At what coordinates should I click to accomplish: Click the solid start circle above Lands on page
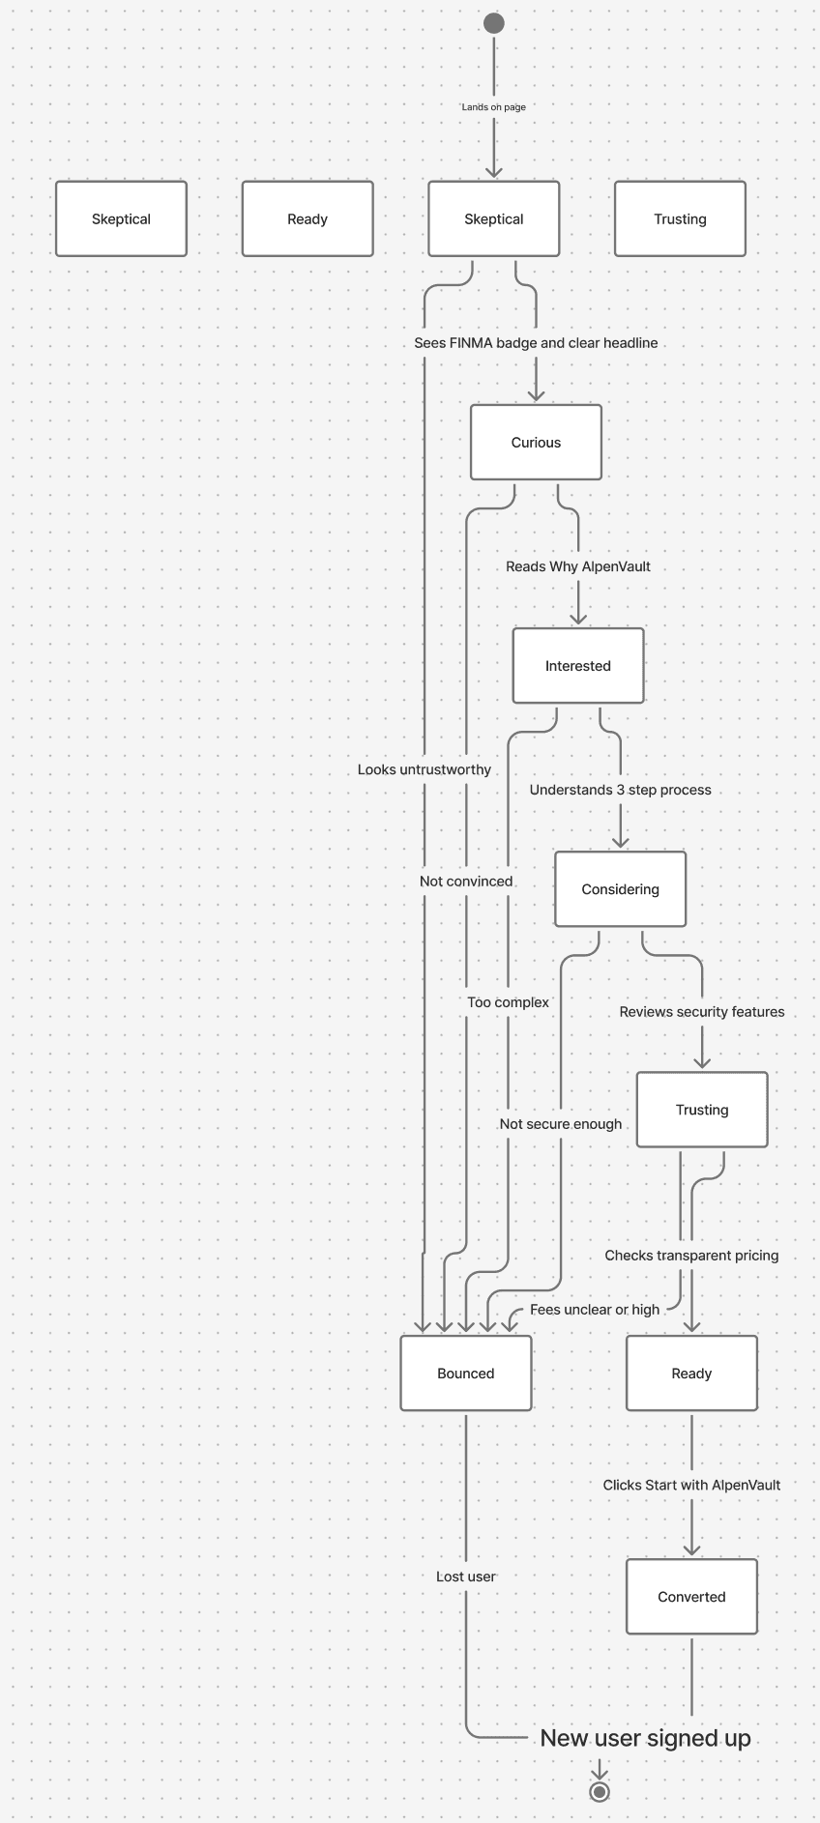(x=494, y=23)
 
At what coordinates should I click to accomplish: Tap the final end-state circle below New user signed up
(x=600, y=1792)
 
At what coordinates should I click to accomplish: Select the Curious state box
(x=536, y=443)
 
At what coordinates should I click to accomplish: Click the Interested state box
(x=578, y=666)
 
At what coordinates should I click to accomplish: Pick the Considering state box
(x=620, y=889)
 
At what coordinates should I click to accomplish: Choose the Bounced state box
(x=466, y=1374)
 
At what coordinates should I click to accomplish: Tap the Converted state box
(x=691, y=1597)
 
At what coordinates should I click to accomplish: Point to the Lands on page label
(x=494, y=107)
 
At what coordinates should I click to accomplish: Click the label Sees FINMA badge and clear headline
(x=536, y=343)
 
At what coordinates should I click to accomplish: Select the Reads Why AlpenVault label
(x=578, y=566)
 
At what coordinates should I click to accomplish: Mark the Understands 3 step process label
(x=620, y=790)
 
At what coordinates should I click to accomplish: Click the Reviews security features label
(x=702, y=1012)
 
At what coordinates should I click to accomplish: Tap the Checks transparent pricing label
(x=691, y=1256)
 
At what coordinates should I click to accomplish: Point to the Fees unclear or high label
(x=595, y=1310)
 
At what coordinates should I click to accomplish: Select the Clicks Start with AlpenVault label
(x=691, y=1485)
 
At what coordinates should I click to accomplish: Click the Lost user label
(x=466, y=1577)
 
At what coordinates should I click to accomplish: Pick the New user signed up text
(x=645, y=1738)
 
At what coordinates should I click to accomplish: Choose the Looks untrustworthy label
(x=425, y=769)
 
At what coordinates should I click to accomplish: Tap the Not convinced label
(x=466, y=882)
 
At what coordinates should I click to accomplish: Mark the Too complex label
(x=508, y=1002)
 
